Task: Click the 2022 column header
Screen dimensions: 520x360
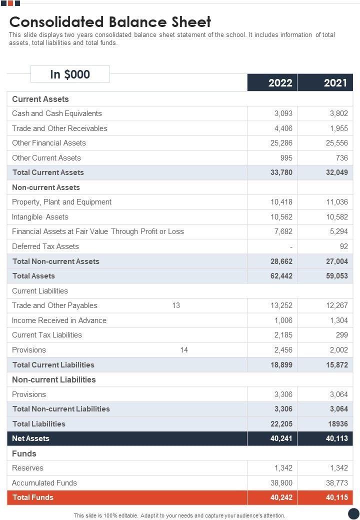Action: point(280,82)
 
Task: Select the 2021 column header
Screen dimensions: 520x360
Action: point(335,82)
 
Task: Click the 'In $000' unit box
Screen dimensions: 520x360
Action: point(70,74)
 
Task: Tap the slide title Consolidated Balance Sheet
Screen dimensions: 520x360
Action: point(110,22)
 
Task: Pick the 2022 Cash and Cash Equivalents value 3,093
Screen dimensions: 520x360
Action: point(283,113)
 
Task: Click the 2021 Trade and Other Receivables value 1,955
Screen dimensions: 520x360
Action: point(338,128)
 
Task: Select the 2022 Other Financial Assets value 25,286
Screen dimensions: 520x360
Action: point(281,143)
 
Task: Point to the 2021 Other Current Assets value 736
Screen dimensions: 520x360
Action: point(341,158)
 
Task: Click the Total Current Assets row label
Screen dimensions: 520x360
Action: point(48,172)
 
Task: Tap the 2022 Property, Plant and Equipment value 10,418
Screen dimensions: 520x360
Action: point(281,202)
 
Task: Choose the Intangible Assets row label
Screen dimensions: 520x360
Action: point(40,217)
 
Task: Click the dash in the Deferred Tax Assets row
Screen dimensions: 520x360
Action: point(291,246)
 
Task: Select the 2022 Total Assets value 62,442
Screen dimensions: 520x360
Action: point(281,276)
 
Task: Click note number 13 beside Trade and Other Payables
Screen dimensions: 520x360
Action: point(176,305)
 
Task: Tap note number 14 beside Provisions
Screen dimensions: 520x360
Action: point(184,350)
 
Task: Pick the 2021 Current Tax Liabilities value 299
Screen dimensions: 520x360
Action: point(341,335)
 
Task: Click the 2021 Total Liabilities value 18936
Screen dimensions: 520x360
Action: point(337,424)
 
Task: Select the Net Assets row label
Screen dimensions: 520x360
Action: point(30,438)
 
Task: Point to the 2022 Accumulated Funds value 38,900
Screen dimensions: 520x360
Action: point(281,483)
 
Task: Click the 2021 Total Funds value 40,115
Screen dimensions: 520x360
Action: point(336,497)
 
